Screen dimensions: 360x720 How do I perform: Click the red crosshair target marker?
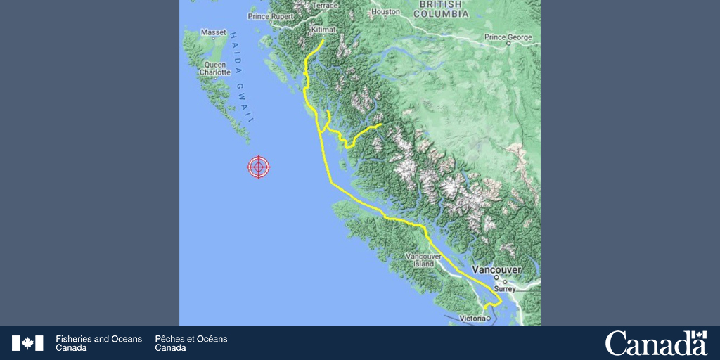tap(259, 167)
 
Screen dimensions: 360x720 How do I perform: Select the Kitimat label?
tap(323, 30)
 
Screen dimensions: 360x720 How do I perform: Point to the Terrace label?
tap(326, 6)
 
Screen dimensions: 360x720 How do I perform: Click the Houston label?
tap(385, 12)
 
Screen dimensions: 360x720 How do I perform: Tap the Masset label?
tap(214, 32)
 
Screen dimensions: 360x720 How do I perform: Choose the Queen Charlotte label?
tap(214, 68)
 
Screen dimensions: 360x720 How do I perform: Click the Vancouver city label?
tap(497, 270)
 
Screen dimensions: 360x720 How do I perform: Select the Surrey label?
tap(505, 288)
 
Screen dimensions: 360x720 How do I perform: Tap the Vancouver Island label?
tap(423, 260)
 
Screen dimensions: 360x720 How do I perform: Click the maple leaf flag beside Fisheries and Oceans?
tap(27, 343)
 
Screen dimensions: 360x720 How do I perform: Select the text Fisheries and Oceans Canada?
tap(98, 343)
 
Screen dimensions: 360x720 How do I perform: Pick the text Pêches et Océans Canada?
tap(191, 343)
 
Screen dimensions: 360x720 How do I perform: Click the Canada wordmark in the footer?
tap(655, 344)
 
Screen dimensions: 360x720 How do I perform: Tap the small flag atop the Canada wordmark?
tap(698, 335)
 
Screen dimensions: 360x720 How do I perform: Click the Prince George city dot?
tap(508, 43)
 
